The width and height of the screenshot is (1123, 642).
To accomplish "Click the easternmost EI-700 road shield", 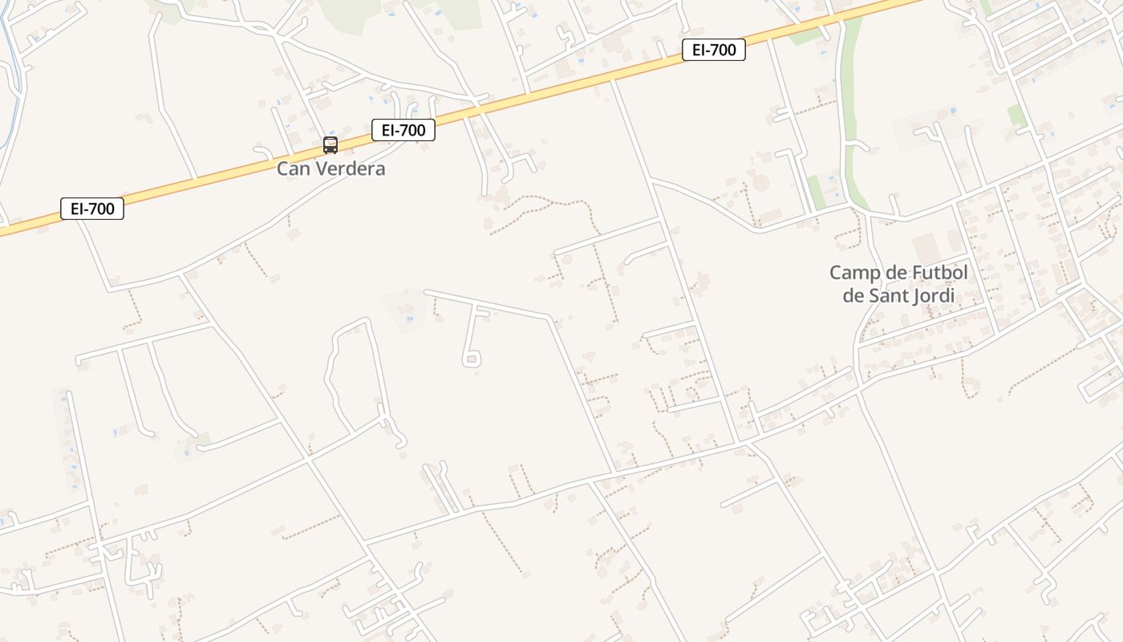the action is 714,50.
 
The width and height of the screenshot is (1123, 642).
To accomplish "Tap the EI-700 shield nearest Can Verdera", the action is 403,130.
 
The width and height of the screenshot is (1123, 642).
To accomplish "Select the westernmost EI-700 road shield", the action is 92,209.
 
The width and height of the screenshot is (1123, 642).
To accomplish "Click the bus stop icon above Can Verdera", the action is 330,145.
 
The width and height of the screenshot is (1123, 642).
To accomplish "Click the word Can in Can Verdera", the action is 291,169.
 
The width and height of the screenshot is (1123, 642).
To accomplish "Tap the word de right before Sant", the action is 852,295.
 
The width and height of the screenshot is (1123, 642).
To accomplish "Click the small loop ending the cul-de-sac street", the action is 472,360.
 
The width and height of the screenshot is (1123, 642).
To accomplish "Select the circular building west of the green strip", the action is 760,183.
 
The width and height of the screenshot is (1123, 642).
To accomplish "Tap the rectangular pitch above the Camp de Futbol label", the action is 924,246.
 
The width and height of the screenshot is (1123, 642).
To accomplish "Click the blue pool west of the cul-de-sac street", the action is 411,319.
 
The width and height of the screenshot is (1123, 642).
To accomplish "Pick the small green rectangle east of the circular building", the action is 816,191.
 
